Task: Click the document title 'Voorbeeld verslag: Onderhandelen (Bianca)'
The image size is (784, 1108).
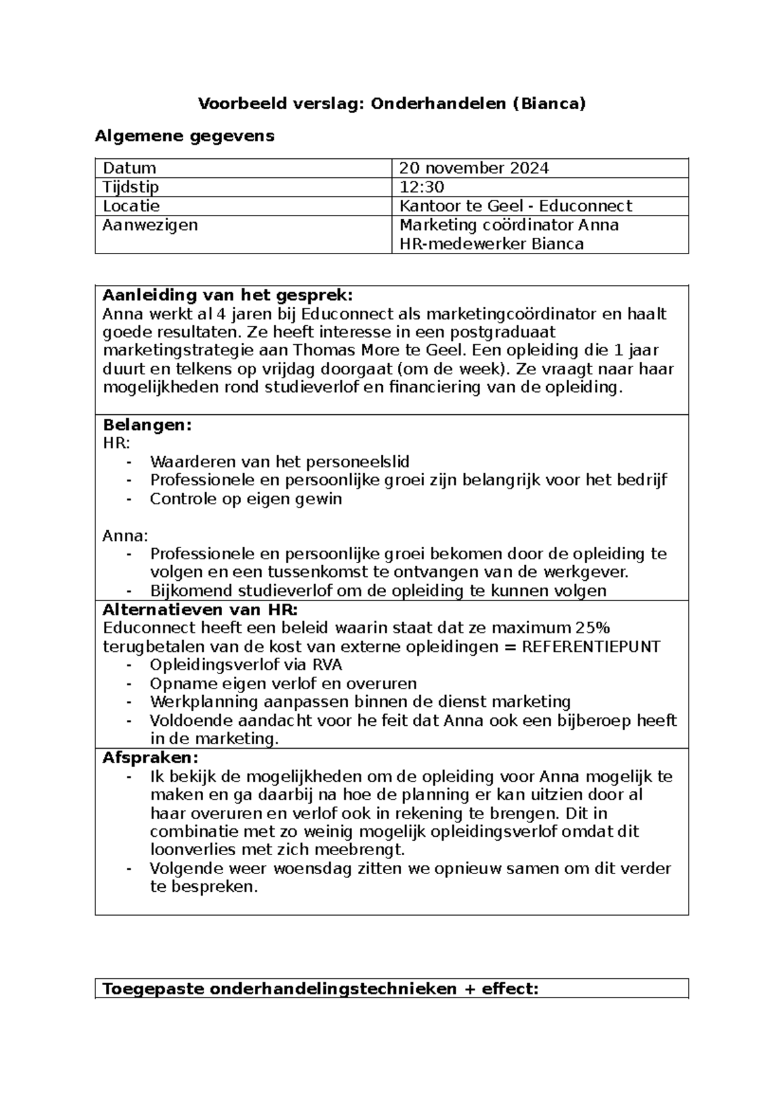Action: [x=392, y=103]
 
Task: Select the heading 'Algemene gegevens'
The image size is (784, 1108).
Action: [x=185, y=136]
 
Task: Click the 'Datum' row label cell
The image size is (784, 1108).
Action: [x=129, y=168]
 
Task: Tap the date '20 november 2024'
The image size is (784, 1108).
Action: [x=474, y=168]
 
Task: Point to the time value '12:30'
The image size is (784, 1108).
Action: [x=421, y=187]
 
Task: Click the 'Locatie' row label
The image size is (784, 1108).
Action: [x=131, y=206]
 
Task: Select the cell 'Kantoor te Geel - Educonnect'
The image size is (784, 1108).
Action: [x=515, y=206]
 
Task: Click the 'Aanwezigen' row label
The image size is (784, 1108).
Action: [x=150, y=225]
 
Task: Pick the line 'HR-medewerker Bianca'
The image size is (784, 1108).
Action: [x=491, y=244]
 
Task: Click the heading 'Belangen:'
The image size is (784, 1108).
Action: [x=148, y=425]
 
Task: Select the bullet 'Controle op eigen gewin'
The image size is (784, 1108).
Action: [x=246, y=498]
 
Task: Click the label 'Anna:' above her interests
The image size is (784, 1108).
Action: [x=125, y=536]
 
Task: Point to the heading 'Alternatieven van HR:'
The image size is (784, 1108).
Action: [x=200, y=610]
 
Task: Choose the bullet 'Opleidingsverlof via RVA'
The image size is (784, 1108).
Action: [x=246, y=665]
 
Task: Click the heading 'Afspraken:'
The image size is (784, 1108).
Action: [x=150, y=758]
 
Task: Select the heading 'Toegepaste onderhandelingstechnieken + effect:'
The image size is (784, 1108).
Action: [x=320, y=988]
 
